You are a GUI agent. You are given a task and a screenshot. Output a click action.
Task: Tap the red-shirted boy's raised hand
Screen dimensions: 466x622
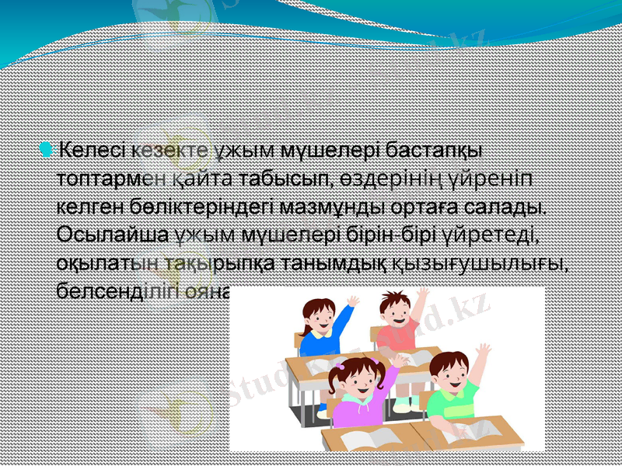pos(422,294)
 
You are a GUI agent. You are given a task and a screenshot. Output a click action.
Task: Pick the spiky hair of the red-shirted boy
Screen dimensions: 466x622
pos(395,298)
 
